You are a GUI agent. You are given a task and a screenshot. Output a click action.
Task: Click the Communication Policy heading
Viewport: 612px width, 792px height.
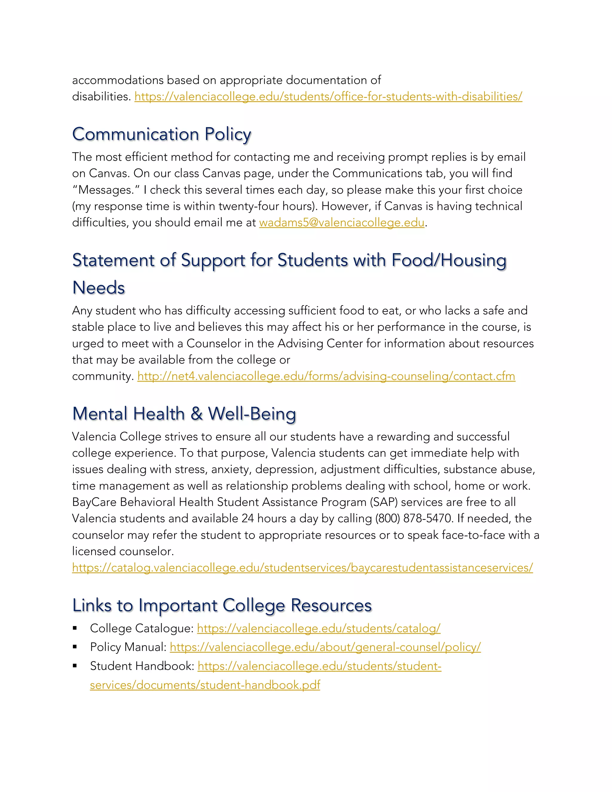pos(161,134)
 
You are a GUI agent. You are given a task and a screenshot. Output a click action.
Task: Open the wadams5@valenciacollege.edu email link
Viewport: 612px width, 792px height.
pos(342,223)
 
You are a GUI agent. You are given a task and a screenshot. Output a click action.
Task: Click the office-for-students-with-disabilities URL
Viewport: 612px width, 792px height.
pos(328,97)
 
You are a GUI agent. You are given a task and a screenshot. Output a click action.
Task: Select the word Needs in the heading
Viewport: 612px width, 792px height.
pos(99,288)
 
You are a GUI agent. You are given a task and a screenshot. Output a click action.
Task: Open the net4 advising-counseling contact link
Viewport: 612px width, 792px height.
pos(326,376)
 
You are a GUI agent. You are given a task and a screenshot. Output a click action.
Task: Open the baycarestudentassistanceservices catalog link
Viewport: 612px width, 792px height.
pos(302,568)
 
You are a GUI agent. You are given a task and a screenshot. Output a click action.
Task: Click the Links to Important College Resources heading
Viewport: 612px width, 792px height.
pos(222,606)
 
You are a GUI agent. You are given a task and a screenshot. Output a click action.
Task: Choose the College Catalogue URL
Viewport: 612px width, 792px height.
pos(318,629)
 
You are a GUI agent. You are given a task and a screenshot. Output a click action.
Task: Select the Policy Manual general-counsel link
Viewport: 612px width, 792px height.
pos(325,647)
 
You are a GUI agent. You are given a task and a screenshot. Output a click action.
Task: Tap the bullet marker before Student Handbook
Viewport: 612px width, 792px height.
pos(75,666)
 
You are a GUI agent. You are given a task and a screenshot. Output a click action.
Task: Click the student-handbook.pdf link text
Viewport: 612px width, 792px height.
pos(205,685)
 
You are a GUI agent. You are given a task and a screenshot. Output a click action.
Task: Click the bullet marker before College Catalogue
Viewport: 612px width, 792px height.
pos(75,628)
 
